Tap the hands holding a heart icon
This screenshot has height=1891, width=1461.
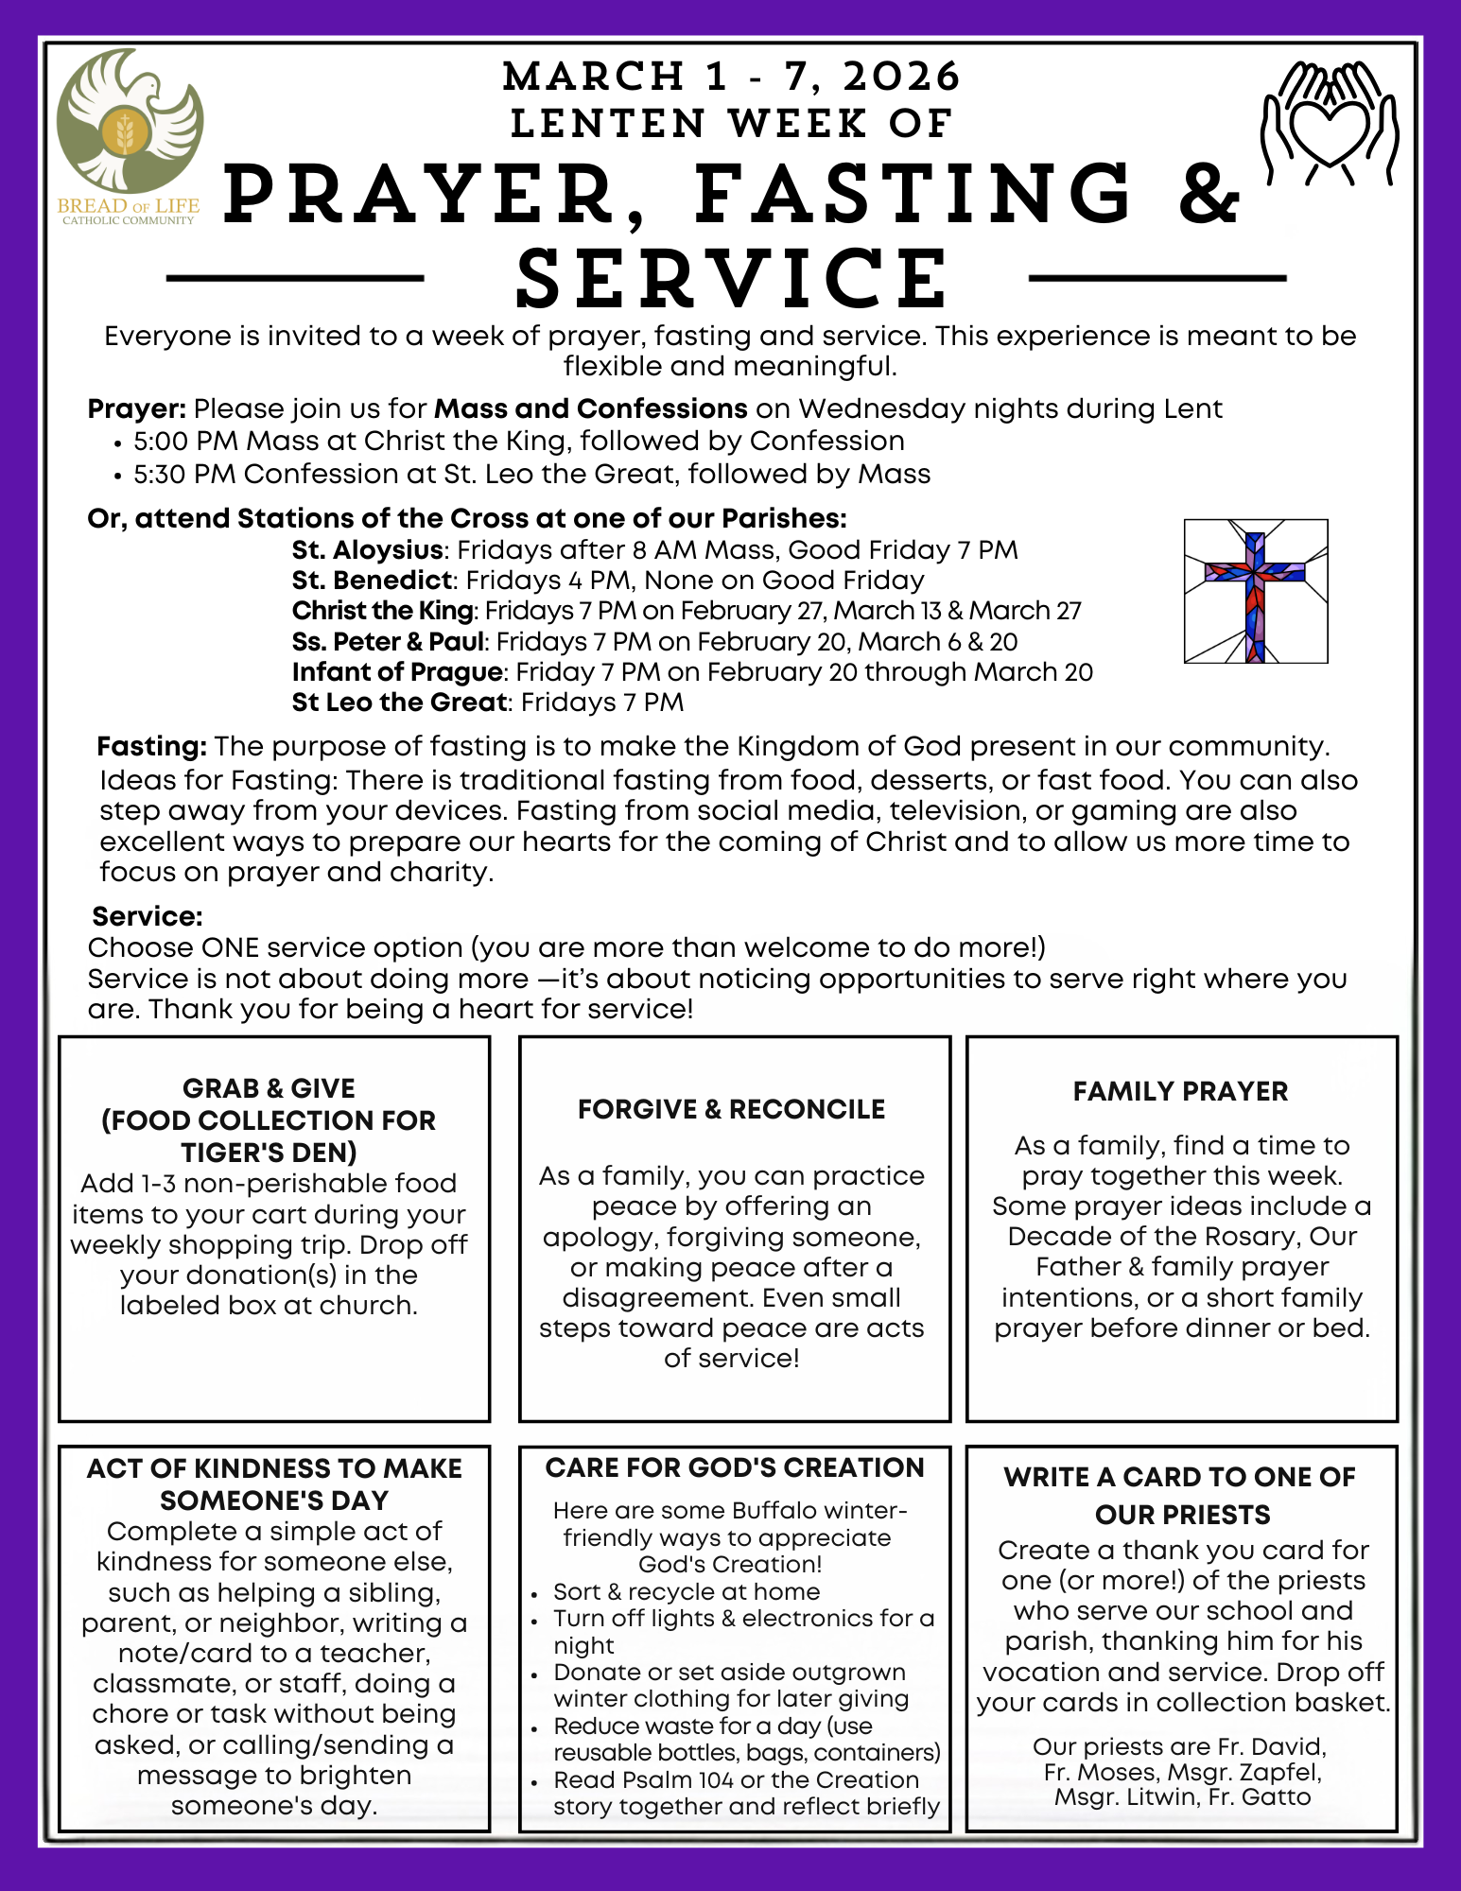[1329, 123]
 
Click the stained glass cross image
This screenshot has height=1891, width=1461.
[1256, 591]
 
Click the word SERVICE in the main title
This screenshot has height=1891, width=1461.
[732, 279]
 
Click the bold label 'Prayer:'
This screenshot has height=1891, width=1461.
[137, 408]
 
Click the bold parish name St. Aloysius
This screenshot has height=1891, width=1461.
[367, 549]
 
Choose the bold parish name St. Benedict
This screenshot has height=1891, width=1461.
[373, 580]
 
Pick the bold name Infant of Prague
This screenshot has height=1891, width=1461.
[397, 671]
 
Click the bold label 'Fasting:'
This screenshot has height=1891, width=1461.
[151, 746]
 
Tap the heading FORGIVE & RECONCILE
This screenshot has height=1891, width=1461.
[732, 1109]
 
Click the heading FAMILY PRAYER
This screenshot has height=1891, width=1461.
[1180, 1091]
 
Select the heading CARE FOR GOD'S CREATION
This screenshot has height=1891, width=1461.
[735, 1467]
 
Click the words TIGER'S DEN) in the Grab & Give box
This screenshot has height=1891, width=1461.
[270, 1153]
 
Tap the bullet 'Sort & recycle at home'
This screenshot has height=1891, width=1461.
[687, 1591]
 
